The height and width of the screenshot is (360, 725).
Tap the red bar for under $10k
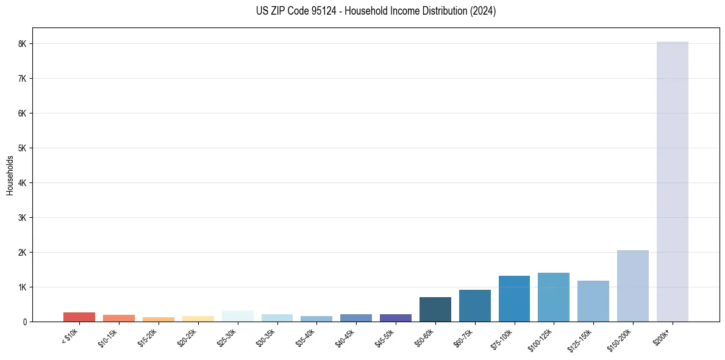(79, 317)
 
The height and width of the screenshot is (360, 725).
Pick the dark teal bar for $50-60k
(435, 309)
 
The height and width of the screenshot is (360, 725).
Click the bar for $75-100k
(514, 298)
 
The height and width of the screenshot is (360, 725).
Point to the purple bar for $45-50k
(396, 318)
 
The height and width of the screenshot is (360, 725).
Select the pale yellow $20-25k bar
(198, 319)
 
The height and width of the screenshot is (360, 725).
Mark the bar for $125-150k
(593, 301)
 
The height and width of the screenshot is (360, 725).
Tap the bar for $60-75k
(475, 306)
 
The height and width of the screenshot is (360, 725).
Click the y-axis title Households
(10, 175)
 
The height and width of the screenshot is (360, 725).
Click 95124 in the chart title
(319, 11)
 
